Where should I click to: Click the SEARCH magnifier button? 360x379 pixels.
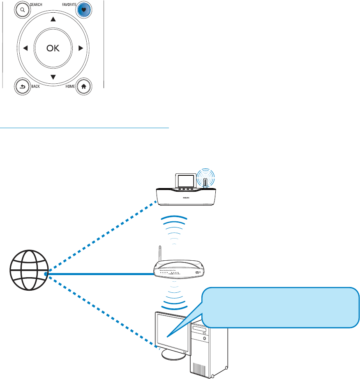[22, 9]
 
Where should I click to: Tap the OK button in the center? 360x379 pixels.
[53, 48]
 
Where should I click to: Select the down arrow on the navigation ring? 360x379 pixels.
[53, 77]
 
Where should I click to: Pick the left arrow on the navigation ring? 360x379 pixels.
[25, 48]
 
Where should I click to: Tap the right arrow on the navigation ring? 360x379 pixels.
[81, 48]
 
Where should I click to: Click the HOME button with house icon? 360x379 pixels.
[84, 86]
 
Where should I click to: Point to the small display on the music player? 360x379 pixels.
[184, 180]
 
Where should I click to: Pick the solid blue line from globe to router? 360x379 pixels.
[99, 273]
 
